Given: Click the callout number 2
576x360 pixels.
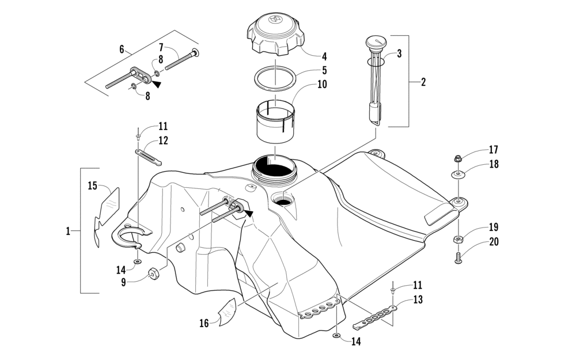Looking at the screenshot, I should pos(423,82).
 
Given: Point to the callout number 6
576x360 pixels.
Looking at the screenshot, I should pos(122,50).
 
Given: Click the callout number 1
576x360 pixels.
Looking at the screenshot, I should pos(68,231).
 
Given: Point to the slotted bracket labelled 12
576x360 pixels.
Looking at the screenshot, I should pos(148,156).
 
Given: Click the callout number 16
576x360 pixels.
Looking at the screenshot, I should pos(204,323).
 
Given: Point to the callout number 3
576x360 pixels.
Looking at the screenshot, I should pos(399,55).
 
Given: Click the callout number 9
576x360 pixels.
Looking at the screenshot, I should pos(124,282).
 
